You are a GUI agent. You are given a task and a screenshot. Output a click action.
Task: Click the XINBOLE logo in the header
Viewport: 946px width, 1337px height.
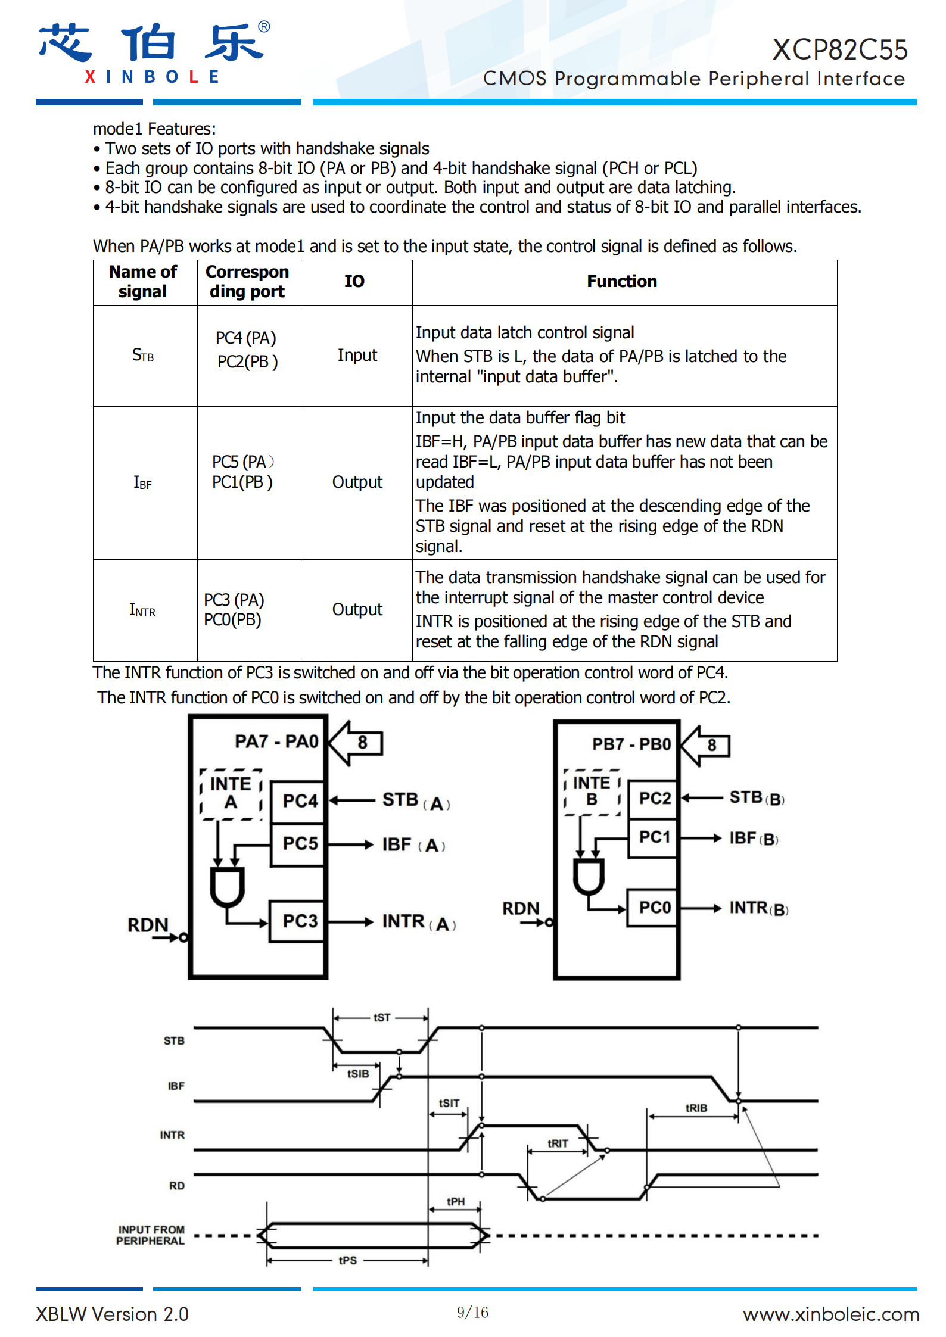(154, 53)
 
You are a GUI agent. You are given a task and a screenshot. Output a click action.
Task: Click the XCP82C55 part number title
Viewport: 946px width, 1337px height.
(840, 49)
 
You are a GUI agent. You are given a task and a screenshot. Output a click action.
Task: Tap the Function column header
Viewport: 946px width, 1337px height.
(622, 281)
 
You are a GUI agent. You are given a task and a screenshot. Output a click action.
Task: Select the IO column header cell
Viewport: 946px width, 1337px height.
(354, 281)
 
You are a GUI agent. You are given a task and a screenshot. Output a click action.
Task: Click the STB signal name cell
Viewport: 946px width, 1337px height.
(143, 356)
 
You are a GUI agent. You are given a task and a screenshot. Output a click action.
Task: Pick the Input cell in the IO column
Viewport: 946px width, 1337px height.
(357, 356)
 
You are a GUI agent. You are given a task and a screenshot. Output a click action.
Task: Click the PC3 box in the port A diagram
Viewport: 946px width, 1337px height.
(297, 921)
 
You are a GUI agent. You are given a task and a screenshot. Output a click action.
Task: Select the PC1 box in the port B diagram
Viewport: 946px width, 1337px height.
(654, 837)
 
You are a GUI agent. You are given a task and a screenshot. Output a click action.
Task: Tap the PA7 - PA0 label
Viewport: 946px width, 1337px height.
(276, 741)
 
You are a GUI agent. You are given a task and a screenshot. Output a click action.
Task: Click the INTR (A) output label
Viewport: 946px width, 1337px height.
(419, 922)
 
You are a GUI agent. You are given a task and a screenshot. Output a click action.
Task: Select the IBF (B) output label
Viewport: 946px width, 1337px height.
(754, 839)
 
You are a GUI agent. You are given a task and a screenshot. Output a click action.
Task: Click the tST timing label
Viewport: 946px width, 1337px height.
(382, 1017)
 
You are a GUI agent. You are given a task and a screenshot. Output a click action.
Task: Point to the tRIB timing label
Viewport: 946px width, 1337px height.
(696, 1108)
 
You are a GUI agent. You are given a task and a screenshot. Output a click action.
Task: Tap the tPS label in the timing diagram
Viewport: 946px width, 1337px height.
(348, 1260)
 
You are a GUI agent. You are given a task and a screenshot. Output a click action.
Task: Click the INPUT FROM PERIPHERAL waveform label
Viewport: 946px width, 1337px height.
(151, 1235)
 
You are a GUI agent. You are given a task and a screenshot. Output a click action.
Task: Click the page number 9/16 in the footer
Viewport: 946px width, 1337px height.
(472, 1312)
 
